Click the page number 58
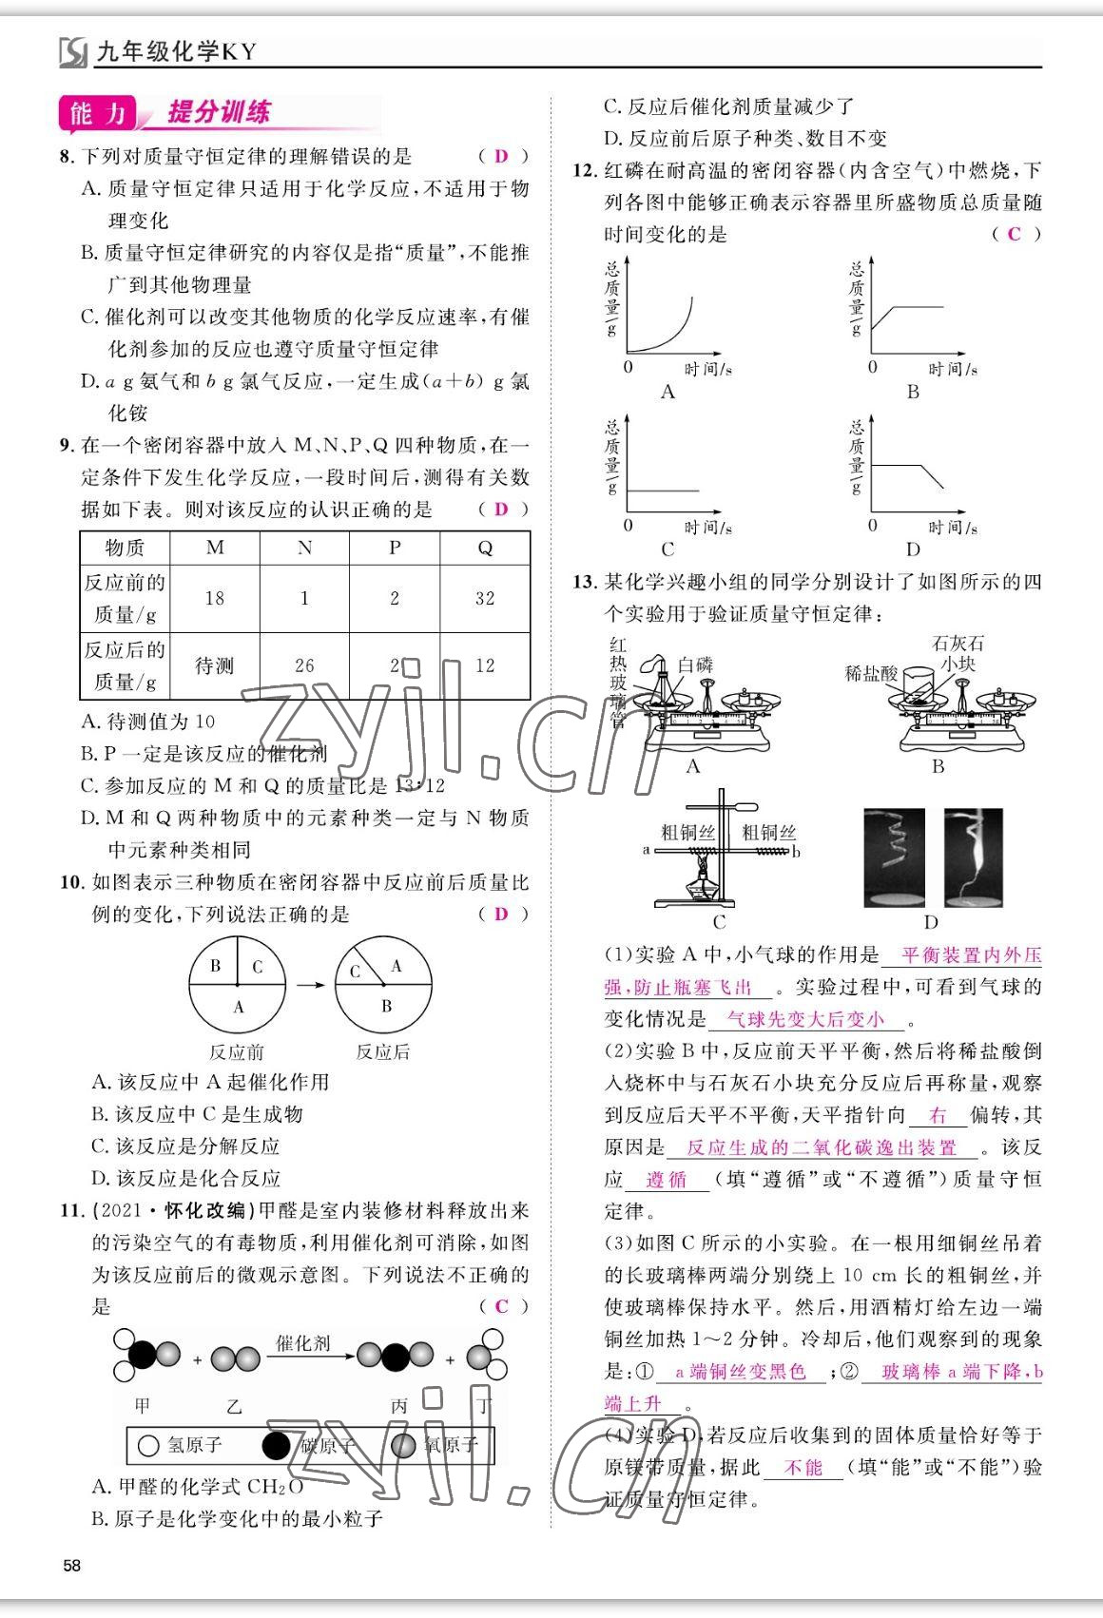(x=71, y=1566)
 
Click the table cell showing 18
(x=215, y=598)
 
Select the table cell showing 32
(x=485, y=598)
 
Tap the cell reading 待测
(x=215, y=665)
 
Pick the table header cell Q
(x=485, y=548)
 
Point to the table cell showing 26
(x=304, y=665)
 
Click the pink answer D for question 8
(x=501, y=156)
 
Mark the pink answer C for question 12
(x=1015, y=234)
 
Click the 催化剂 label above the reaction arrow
(x=303, y=1343)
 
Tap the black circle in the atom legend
(x=276, y=1446)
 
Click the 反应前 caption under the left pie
(x=237, y=1051)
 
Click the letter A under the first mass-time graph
(x=668, y=392)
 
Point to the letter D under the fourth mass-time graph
(x=913, y=549)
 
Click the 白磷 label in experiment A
(x=695, y=665)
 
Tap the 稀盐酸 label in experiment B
(x=870, y=673)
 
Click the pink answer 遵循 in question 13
(x=666, y=1180)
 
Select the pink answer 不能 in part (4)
(x=803, y=1468)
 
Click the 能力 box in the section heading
(x=97, y=114)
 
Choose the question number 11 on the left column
(x=71, y=1210)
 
